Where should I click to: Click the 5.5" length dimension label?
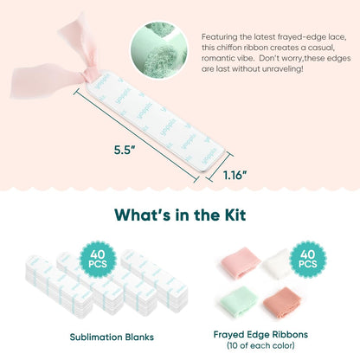point(125,150)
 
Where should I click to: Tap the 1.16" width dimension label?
point(235,175)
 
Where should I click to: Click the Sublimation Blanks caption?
point(112,337)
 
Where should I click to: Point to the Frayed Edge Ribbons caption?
point(260,334)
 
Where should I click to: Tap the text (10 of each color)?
point(260,345)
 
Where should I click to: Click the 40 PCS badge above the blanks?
point(98,259)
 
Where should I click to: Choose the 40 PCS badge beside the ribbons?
point(307,259)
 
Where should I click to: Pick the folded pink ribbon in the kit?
point(240,262)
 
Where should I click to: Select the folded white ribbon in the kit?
point(277,264)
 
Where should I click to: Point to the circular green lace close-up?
point(159,50)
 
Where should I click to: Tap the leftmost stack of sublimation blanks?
point(59,286)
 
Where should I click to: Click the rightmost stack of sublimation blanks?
point(154,281)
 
